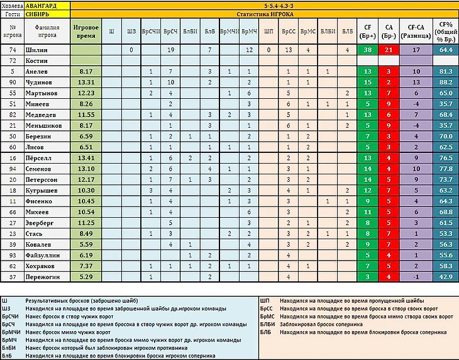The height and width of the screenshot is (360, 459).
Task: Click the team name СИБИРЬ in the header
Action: pos(40,13)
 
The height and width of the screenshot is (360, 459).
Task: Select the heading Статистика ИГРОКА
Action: pos(263,13)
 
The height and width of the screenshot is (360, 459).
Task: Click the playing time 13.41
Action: pos(84,157)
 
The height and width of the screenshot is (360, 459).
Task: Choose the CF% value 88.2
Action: pos(446,82)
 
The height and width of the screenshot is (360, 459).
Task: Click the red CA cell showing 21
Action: pos(389,49)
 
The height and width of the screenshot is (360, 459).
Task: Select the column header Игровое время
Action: pos(85,31)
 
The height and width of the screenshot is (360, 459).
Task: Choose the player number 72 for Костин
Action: pos(13,60)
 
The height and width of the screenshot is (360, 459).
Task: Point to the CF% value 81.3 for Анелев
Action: pos(446,71)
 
